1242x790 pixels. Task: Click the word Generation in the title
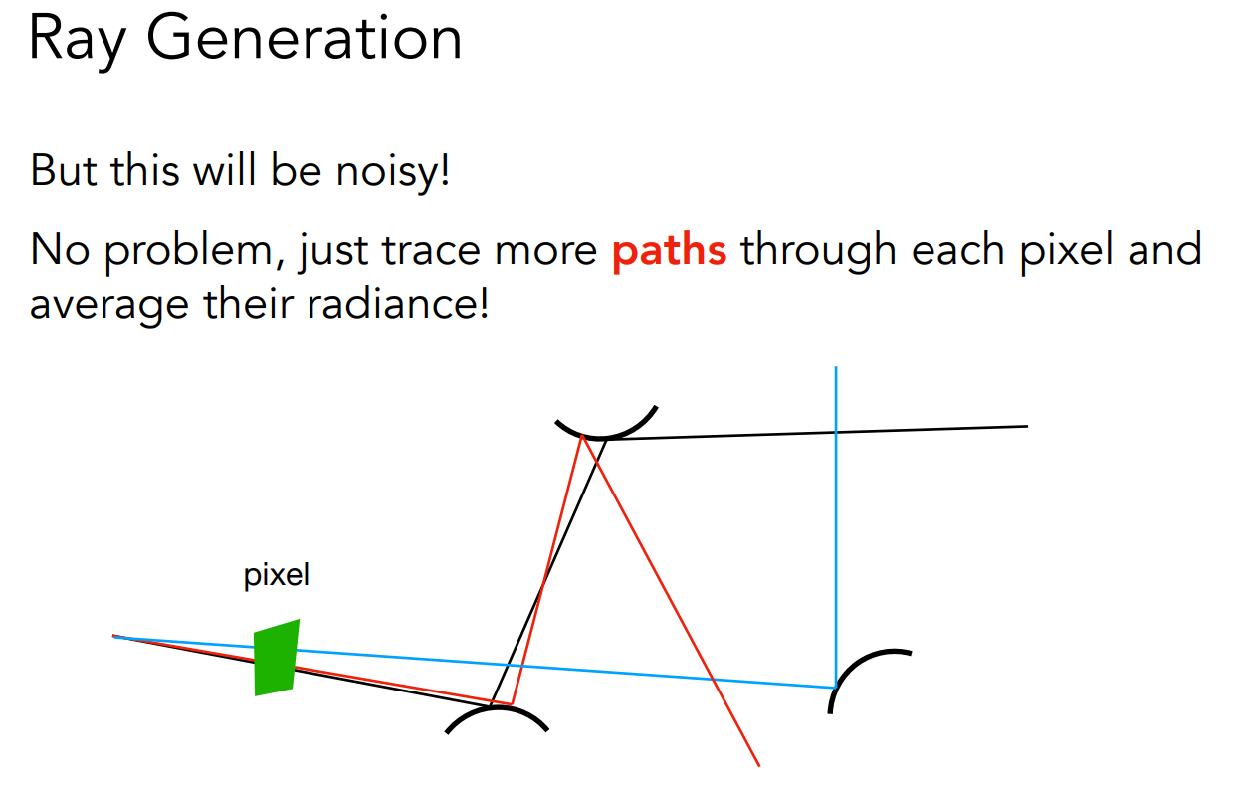click(x=304, y=38)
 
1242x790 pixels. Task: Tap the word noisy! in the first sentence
click(x=392, y=172)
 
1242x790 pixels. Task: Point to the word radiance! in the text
click(x=398, y=305)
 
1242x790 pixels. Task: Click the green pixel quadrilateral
click(x=276, y=658)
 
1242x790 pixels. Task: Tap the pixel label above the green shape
click(x=276, y=576)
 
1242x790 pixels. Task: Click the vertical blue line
click(x=836, y=526)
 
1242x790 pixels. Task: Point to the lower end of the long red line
click(x=759, y=766)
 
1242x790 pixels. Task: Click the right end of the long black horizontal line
click(x=1027, y=426)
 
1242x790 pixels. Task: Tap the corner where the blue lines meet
click(x=836, y=688)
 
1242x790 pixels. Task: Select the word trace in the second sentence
click(x=431, y=251)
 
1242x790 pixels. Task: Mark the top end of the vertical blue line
click(x=836, y=366)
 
